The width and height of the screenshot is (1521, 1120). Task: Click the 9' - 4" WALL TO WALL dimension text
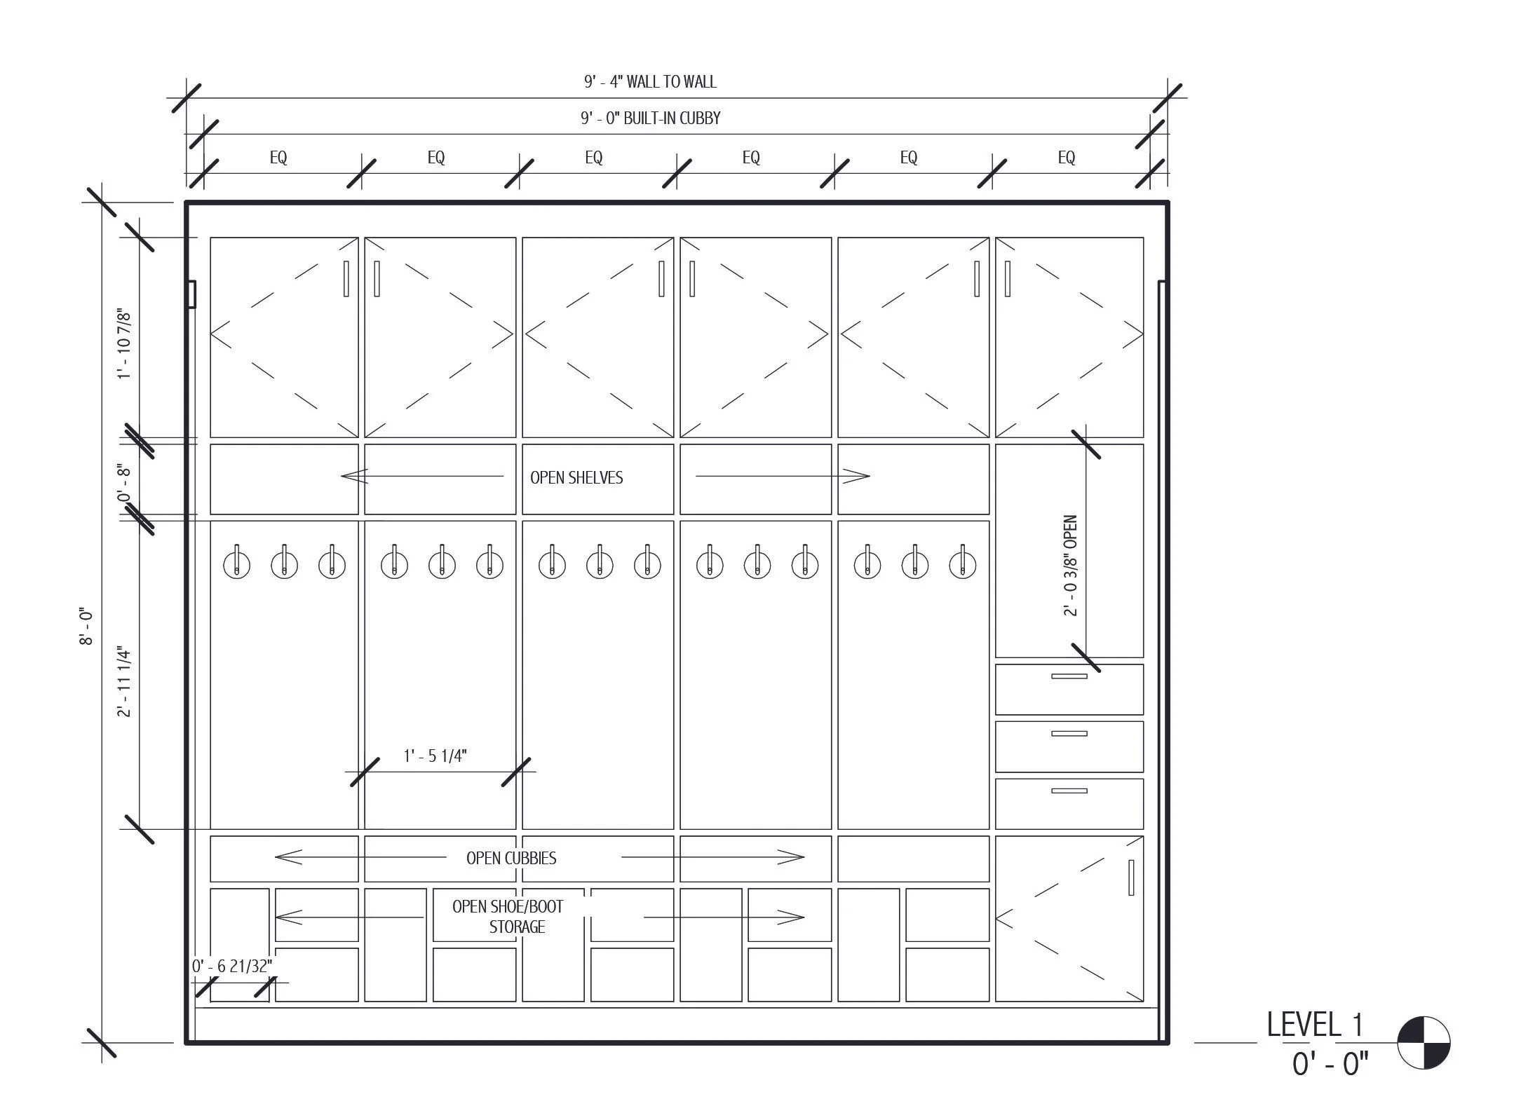click(650, 82)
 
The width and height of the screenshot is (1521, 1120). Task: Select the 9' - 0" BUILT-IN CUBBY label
click(650, 118)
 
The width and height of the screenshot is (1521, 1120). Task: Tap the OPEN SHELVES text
click(576, 478)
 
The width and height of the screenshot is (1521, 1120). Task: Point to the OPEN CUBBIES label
click(511, 859)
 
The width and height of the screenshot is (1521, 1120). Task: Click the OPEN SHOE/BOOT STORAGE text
click(508, 917)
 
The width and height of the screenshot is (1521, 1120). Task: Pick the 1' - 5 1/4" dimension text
click(435, 756)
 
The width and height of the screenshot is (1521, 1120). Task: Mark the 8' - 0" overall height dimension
click(86, 627)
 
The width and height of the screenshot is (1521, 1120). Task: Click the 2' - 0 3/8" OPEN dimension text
click(1070, 566)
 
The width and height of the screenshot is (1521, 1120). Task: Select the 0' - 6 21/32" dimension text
click(231, 967)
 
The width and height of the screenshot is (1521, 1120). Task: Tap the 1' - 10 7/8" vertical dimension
click(124, 344)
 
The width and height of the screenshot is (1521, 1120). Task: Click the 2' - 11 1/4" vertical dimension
click(124, 682)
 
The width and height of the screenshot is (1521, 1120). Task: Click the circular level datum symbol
click(1423, 1043)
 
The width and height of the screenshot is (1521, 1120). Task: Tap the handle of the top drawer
click(1069, 676)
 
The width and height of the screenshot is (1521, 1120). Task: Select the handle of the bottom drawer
click(1069, 791)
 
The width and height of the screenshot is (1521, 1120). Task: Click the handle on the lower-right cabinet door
click(1130, 877)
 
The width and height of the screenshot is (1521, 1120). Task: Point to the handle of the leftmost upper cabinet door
click(346, 279)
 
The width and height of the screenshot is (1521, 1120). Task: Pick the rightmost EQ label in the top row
click(1066, 158)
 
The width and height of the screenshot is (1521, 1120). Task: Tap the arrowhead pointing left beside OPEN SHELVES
click(353, 477)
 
